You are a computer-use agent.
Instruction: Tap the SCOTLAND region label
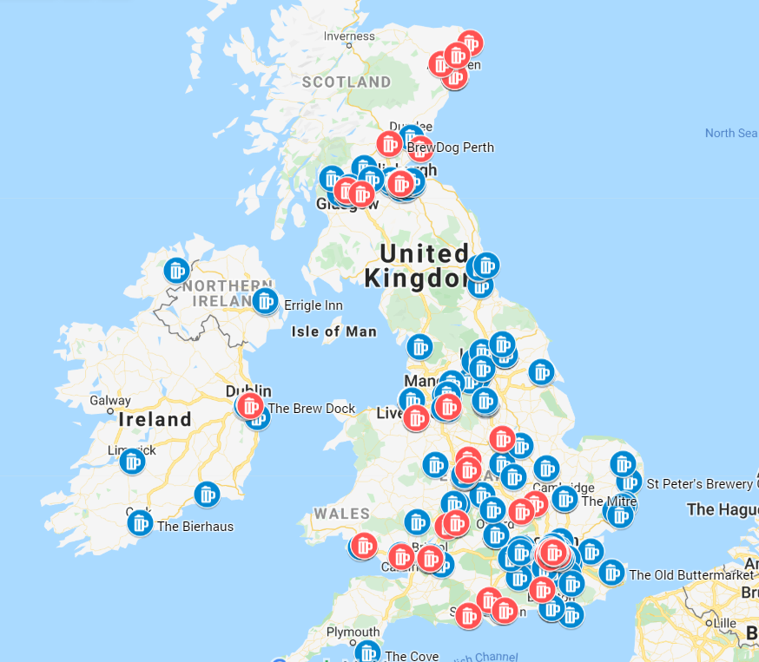[x=346, y=82]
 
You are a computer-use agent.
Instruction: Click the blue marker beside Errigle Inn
[x=265, y=301]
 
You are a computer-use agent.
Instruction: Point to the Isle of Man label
[x=334, y=331]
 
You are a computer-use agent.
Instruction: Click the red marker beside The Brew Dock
[x=250, y=405]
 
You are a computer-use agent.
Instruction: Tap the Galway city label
[x=110, y=401]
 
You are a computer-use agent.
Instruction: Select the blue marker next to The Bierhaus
[x=140, y=522]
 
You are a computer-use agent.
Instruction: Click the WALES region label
[x=342, y=514]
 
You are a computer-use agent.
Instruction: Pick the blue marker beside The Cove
[x=368, y=652]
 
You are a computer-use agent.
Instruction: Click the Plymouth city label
[x=353, y=632]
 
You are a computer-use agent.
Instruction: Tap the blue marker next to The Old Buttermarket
[x=611, y=573]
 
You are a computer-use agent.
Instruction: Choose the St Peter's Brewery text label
[x=700, y=483]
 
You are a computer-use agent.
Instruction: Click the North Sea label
[x=730, y=133]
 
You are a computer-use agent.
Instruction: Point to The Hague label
[x=722, y=509]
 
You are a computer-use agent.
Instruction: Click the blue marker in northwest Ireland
[x=177, y=271]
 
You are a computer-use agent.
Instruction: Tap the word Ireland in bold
[x=155, y=420]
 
